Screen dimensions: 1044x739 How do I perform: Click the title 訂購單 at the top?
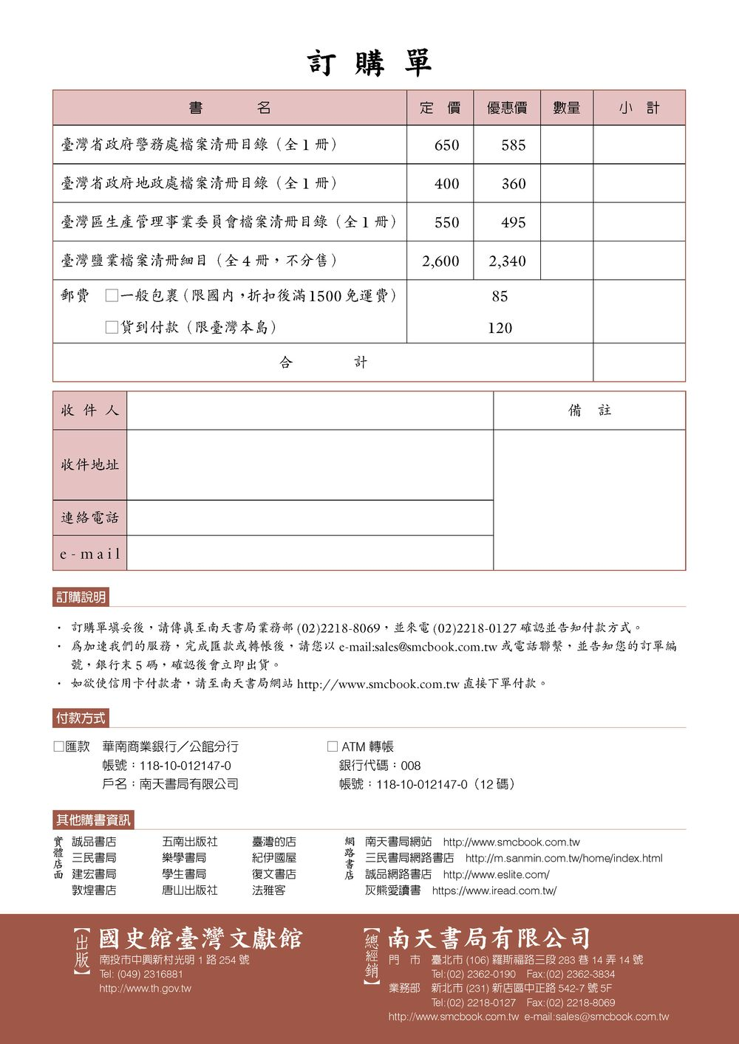369,63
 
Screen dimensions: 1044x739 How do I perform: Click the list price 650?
446,145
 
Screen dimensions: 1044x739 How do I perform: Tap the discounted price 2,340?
507,261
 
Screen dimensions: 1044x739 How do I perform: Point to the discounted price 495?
513,222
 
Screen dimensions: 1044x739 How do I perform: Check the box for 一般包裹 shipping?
112,296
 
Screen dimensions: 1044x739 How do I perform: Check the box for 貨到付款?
112,327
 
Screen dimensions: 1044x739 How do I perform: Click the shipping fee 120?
500,328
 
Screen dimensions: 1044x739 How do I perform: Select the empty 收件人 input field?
310,411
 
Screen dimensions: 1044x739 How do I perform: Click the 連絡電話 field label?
89,518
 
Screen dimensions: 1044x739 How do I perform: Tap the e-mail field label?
89,554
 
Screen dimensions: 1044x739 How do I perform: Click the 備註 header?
590,411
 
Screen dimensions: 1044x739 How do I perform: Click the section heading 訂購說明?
81,597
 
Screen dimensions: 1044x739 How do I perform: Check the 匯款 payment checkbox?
59,746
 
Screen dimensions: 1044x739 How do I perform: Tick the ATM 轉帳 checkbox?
333,746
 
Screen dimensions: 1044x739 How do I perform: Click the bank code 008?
410,766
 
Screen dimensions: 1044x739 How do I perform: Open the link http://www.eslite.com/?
496,874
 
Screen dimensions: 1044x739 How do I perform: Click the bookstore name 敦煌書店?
94,890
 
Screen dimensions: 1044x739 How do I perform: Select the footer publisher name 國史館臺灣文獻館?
201,938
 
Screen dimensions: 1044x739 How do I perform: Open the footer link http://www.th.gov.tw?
145,989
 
